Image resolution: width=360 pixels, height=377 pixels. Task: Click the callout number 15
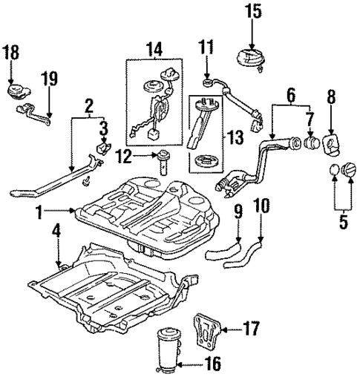coord(252,11)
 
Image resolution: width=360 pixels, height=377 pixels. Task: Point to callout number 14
coord(154,50)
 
